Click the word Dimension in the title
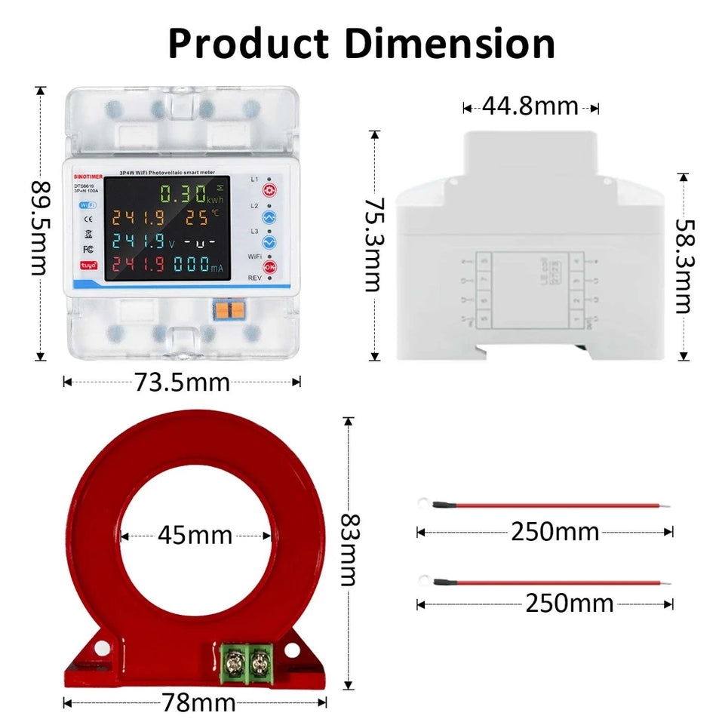pyautogui.click(x=455, y=44)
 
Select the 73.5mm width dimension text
pyautogui.click(x=183, y=382)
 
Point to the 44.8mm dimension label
pyautogui.click(x=530, y=106)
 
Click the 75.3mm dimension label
pyautogui.click(x=373, y=244)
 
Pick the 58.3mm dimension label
pyautogui.click(x=684, y=266)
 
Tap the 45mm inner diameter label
pyautogui.click(x=195, y=536)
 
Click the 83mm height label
pyautogui.click(x=348, y=550)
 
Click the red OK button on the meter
pyautogui.click(x=269, y=267)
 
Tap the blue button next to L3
pyautogui.click(x=269, y=241)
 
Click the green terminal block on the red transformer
pyautogui.click(x=248, y=663)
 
